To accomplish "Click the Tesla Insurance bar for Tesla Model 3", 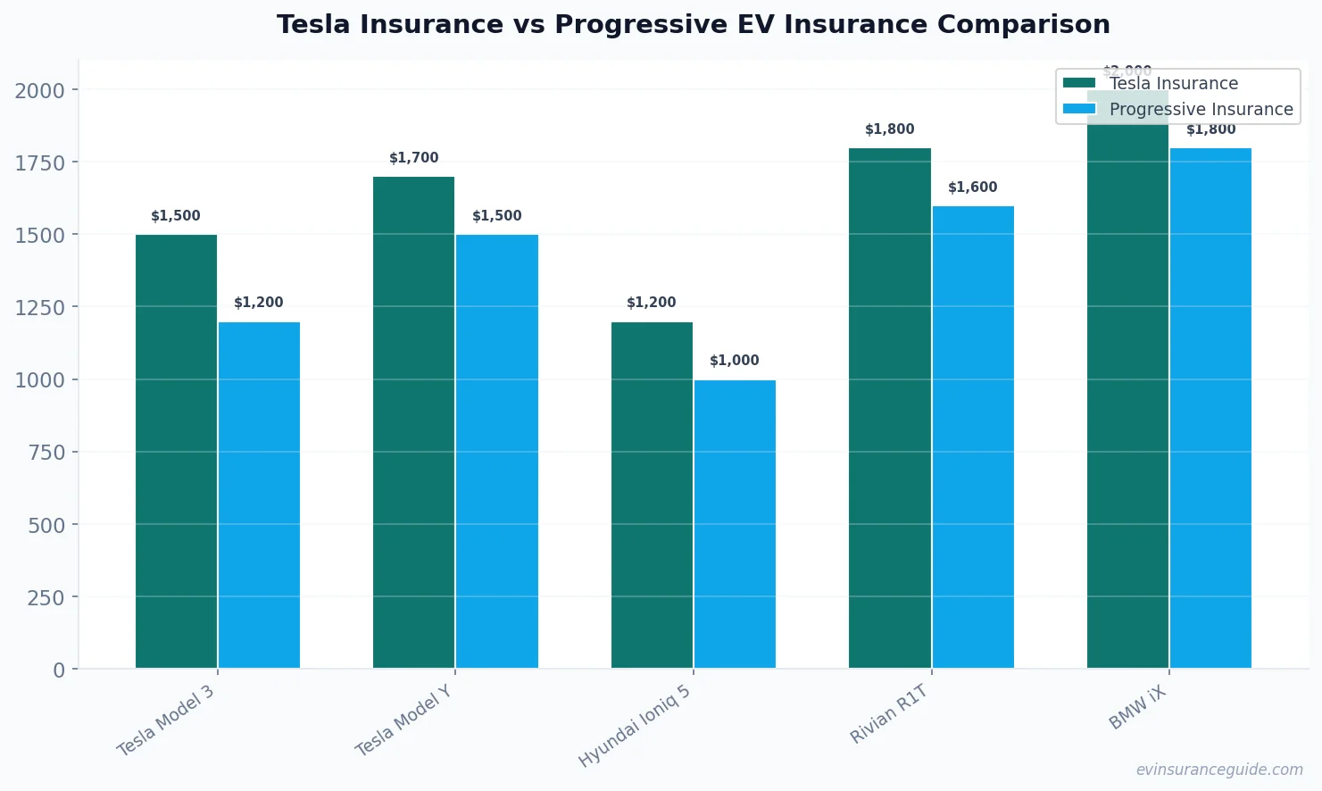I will coord(176,451).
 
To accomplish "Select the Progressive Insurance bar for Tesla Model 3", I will coord(259,495).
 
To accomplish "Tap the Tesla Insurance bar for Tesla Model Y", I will coord(413,422).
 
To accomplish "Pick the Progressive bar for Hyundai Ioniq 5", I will coord(735,524).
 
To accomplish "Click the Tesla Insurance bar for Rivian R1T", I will coord(889,408).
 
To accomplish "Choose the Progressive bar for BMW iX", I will coord(1210,408).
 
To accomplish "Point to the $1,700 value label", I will coord(413,158).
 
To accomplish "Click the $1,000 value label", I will coord(735,361).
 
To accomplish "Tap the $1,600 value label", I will coord(972,187).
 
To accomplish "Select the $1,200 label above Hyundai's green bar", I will coord(652,303).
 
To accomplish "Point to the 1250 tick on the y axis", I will coord(40,307).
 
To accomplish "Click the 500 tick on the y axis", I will coord(46,525).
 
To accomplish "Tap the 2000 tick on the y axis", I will coord(40,90).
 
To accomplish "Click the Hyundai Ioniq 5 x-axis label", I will coord(635,726).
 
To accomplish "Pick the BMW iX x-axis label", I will coord(1137,708).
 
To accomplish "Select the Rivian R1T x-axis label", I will coord(889,714).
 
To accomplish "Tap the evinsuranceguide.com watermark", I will coord(1219,770).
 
